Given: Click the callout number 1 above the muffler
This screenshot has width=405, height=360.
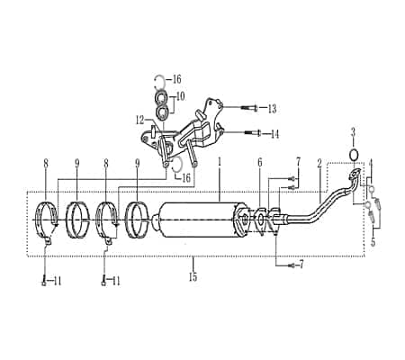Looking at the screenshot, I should point(219,163).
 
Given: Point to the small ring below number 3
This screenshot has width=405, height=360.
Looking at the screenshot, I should point(354,153).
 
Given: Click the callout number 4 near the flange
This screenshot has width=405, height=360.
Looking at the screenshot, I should point(370,164).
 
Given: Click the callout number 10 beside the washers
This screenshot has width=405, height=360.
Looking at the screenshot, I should point(180,95).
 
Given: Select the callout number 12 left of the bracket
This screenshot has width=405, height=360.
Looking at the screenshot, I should point(139,118).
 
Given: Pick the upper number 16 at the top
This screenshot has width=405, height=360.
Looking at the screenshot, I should point(176,78).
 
